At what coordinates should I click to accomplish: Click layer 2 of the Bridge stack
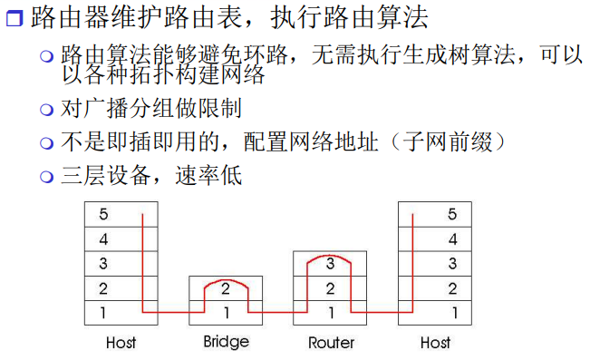click(x=226, y=289)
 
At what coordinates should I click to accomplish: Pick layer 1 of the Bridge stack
click(x=226, y=314)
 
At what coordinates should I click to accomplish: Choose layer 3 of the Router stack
click(x=331, y=265)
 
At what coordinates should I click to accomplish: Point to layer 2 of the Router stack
click(x=331, y=289)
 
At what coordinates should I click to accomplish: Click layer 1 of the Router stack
click(x=331, y=314)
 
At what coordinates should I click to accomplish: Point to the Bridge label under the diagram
click(x=226, y=343)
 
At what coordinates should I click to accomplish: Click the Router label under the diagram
click(x=331, y=343)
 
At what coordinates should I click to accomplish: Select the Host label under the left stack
click(x=121, y=343)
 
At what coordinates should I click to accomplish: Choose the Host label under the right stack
click(x=436, y=343)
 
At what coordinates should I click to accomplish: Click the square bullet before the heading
click(x=13, y=19)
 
